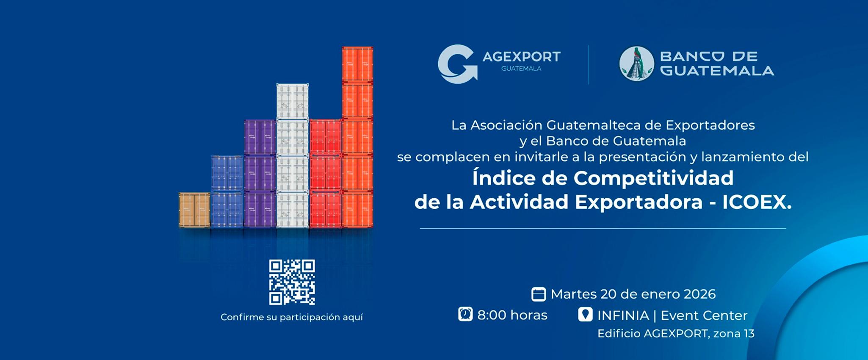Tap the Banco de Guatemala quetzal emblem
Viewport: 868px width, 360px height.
[636, 64]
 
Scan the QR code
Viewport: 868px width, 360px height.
[292, 282]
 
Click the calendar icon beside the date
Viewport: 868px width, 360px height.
[538, 294]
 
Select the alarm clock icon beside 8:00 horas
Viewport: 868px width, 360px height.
[465, 315]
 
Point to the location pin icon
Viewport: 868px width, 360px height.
[585, 315]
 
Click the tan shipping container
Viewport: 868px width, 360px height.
[194, 210]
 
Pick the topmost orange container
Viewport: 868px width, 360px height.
[357, 64]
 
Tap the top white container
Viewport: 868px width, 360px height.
[292, 101]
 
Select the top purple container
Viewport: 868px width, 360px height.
[260, 137]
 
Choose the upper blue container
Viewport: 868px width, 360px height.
[227, 173]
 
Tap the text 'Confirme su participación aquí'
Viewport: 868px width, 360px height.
[292, 317]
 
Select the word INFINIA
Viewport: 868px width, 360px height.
[623, 316]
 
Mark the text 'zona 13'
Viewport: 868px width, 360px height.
[734, 334]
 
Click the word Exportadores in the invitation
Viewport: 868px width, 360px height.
[710, 125]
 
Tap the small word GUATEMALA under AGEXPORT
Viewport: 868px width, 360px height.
[521, 69]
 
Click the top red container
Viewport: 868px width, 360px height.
[325, 137]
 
